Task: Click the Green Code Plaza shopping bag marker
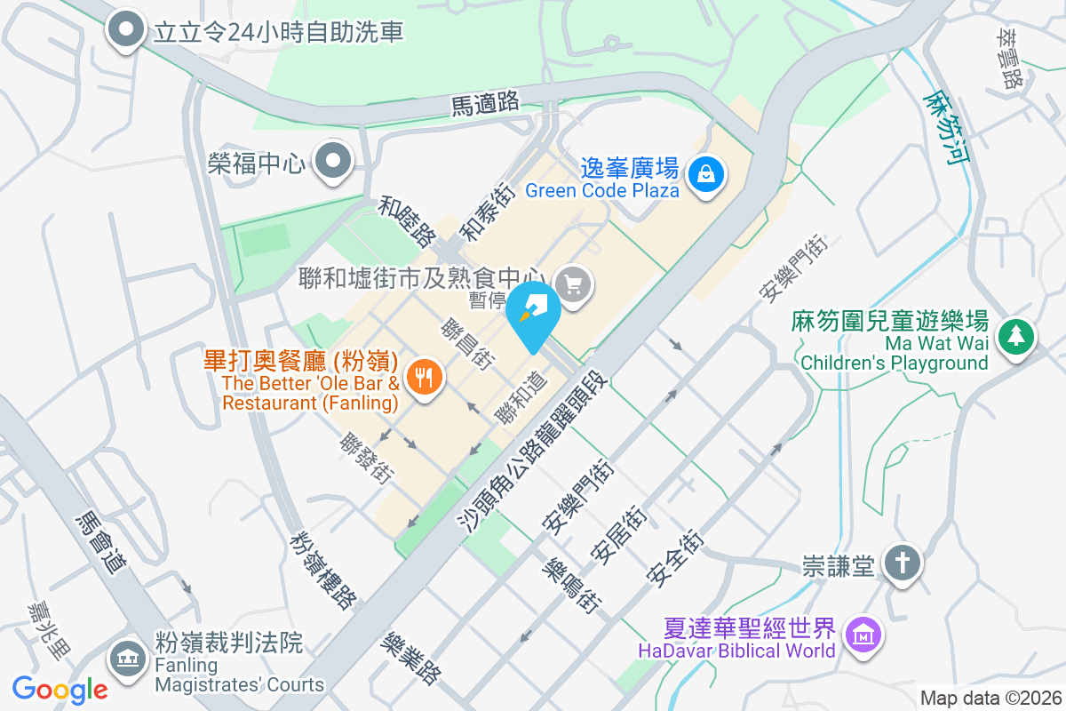707,172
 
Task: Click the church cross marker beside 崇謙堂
902,563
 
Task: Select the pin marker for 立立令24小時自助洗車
126,30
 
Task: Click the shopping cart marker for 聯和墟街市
573,285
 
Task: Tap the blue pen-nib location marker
533,313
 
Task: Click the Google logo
60,689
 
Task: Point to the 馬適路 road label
485,103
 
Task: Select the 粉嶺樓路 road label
322,570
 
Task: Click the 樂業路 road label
410,658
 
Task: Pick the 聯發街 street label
366,458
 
